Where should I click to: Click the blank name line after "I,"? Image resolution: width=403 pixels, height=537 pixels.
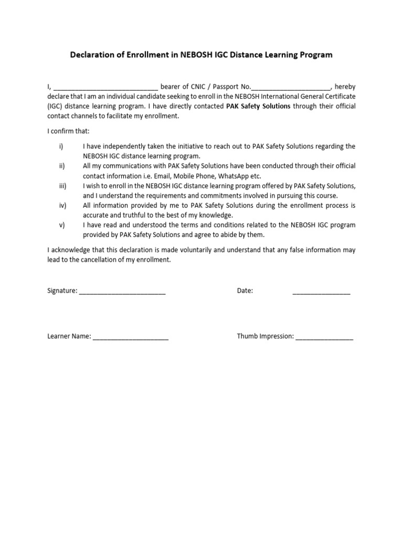coord(105,88)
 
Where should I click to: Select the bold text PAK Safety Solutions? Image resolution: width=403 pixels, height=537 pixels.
coord(258,106)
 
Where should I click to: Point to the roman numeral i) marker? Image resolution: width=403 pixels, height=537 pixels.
coord(61,146)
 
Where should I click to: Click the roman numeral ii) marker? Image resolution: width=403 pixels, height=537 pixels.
coord(61,166)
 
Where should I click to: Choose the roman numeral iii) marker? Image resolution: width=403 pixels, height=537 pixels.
coord(62,186)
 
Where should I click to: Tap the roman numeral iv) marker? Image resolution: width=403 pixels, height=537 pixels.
coord(62,205)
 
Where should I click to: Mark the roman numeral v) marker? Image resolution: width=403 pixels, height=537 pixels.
coord(61,224)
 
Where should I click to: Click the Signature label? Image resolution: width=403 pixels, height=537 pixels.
coord(62,291)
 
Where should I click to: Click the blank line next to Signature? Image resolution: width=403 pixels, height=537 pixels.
coord(122,292)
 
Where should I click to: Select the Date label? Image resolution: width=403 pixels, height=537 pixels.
coord(245,291)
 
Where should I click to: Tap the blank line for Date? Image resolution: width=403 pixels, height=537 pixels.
coord(321,292)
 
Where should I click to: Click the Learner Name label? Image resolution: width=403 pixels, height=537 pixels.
coord(69,336)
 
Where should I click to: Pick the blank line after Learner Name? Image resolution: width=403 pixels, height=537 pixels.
coord(131,338)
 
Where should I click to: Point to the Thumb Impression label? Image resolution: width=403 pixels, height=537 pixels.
coord(265,336)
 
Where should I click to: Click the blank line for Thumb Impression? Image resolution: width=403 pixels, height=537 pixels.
coord(324,338)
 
